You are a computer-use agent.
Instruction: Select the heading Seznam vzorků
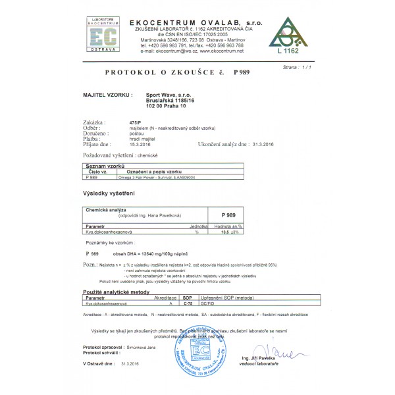(x=105, y=167)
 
